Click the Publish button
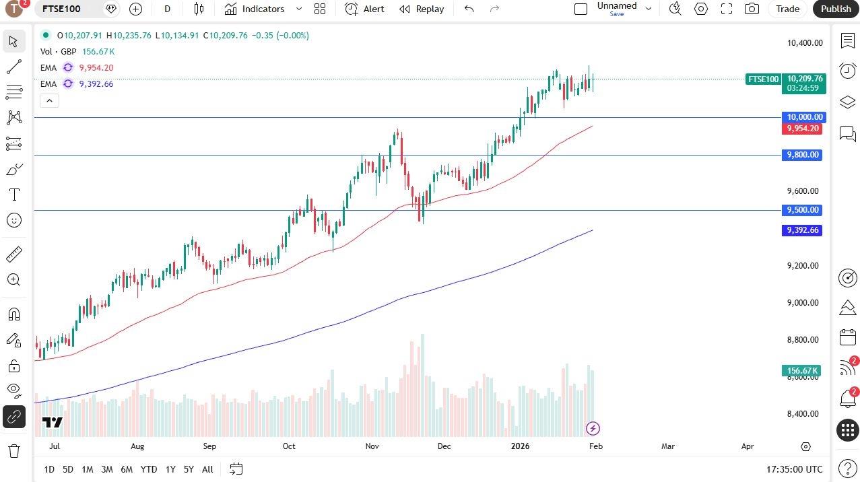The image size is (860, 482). (836, 9)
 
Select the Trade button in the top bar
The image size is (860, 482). (787, 9)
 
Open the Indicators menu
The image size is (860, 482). (255, 9)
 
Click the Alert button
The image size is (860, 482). (364, 9)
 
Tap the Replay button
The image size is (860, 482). (422, 9)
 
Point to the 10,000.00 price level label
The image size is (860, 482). (804, 117)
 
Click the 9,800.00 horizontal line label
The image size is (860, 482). (804, 155)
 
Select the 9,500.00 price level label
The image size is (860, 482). (804, 210)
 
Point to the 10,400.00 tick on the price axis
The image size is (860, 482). (805, 43)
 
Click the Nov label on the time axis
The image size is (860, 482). (372, 446)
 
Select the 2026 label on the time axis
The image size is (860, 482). (520, 446)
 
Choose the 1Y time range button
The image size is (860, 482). (170, 469)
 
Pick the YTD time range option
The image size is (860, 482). (148, 469)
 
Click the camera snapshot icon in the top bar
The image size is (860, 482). (752, 9)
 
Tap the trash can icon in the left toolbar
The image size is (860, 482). (13, 450)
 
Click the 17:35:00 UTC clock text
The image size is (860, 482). (794, 469)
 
